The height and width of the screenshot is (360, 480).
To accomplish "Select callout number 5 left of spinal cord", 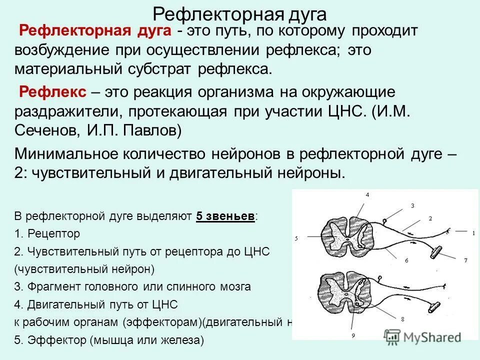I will pyautogui.click(x=296, y=238).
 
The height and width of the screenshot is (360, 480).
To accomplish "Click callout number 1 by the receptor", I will pyautogui.click(x=472, y=232).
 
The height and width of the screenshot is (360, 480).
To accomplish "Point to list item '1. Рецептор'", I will pyautogui.click(x=47, y=233).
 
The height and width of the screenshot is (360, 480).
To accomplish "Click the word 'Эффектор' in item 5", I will pyautogui.click(x=58, y=340).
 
